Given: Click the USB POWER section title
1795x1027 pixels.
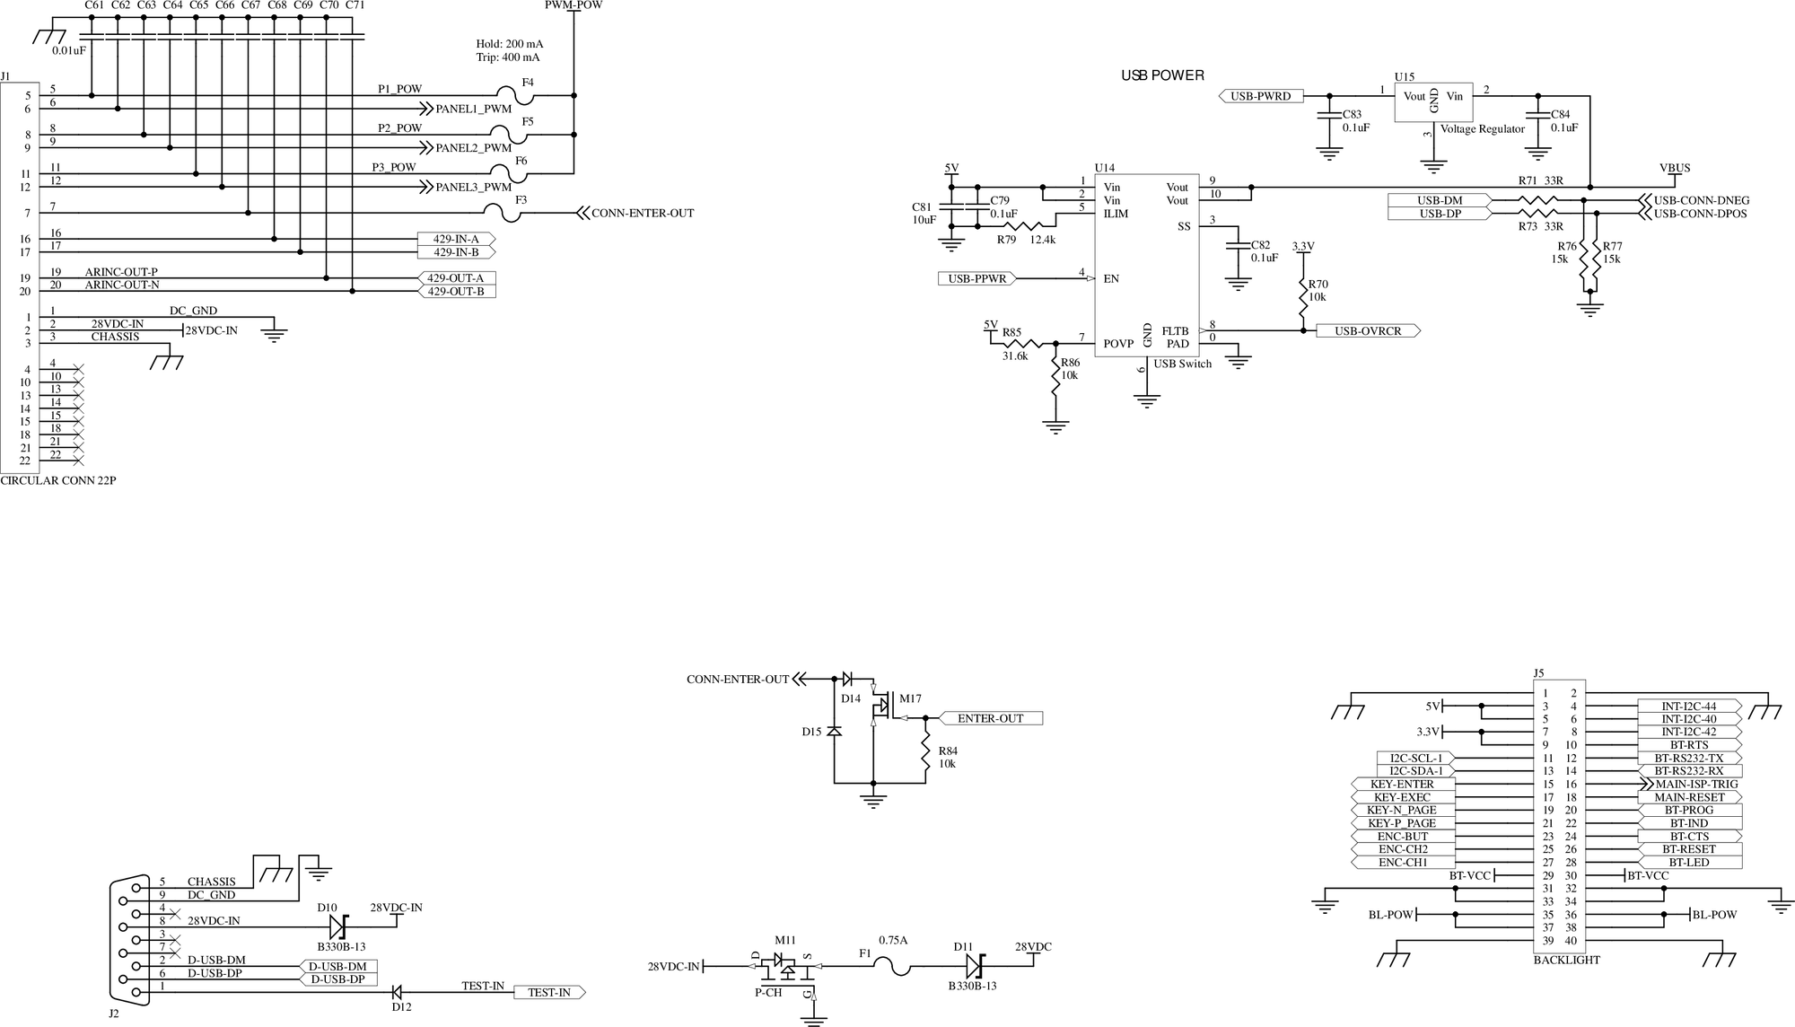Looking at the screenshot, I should [1162, 75].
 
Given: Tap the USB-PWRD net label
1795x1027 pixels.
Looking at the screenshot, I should [1260, 96].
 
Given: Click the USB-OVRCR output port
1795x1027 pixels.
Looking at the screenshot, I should [1368, 330].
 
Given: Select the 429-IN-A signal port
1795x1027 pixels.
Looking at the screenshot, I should [456, 239].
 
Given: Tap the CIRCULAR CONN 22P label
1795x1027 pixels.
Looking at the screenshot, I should [58, 480].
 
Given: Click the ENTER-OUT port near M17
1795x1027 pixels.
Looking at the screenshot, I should [990, 718].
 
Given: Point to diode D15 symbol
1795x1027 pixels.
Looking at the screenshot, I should [834, 732].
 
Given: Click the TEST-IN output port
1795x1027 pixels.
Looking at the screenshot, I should [548, 992].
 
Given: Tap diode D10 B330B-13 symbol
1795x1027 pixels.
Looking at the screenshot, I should [337, 926].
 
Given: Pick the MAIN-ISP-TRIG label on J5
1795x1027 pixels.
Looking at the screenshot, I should [1690, 784].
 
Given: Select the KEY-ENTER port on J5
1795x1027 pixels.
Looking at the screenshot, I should [1404, 784].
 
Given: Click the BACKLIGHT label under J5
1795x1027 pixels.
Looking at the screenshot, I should [1566, 960].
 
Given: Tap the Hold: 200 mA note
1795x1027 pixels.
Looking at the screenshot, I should [509, 43].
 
